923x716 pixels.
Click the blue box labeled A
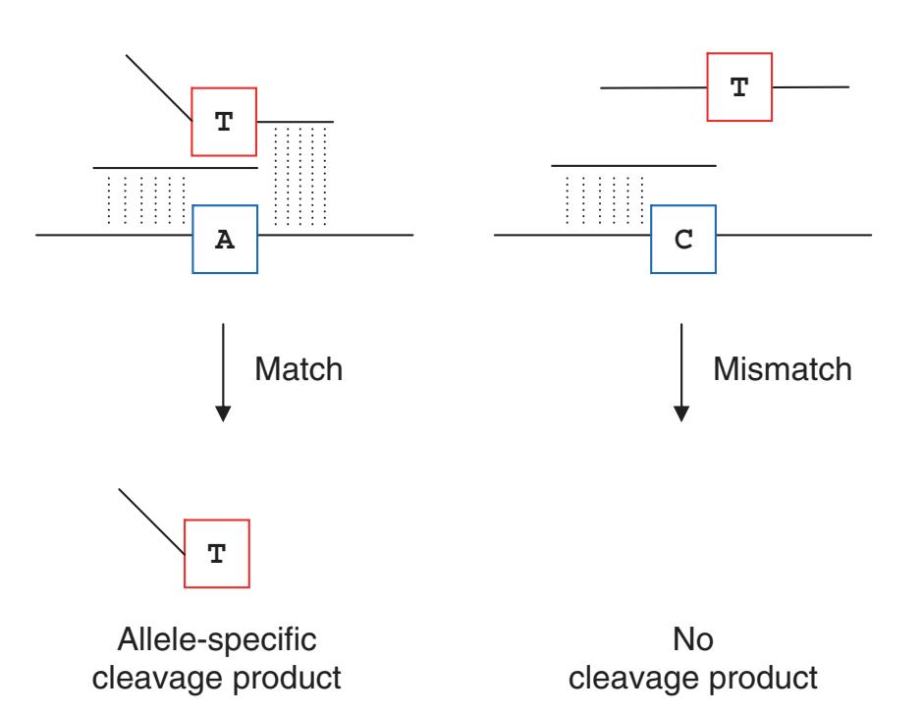(225, 239)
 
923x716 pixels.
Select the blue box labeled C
(684, 239)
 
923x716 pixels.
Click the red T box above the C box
(740, 87)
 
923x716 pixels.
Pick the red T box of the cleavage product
(217, 555)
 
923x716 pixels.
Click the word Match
(299, 371)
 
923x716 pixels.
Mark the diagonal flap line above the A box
(159, 87)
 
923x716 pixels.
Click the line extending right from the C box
(793, 236)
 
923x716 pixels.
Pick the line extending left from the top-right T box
(653, 88)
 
